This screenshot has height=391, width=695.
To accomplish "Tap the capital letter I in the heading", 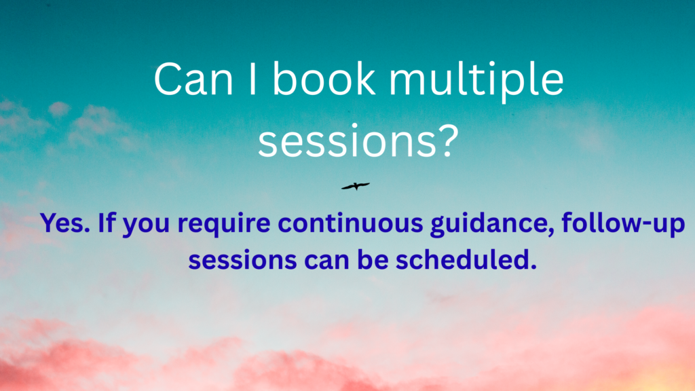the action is pyautogui.click(x=252, y=79).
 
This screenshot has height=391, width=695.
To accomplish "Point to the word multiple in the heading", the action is pyautogui.click(x=476, y=82).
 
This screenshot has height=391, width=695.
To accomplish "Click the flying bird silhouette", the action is pyautogui.click(x=356, y=186).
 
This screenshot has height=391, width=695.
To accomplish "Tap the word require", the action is pyautogui.click(x=224, y=225).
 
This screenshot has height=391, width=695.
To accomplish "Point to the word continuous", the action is pyautogui.click(x=350, y=223).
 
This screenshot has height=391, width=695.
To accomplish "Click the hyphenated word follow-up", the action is pyautogui.click(x=623, y=224).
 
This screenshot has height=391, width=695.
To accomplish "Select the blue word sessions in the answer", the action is pyautogui.click(x=242, y=260).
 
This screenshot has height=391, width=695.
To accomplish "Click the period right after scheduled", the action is pyautogui.click(x=533, y=266).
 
